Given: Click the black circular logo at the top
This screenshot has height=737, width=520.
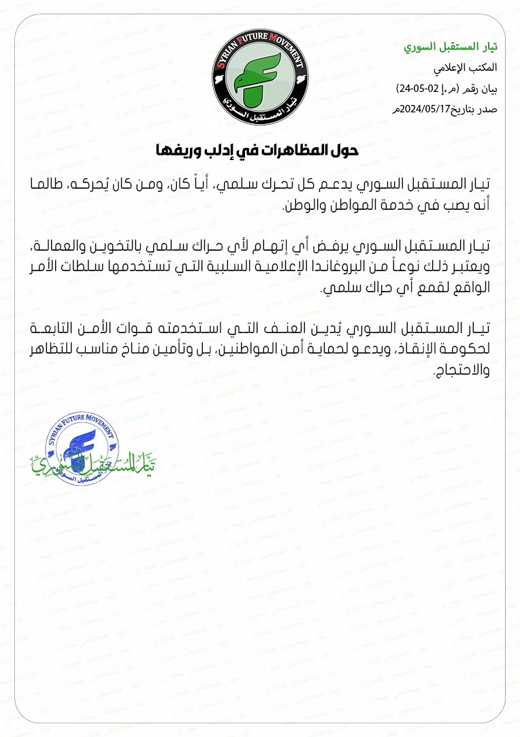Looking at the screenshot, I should [x=260, y=78].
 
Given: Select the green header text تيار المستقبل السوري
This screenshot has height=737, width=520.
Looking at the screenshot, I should [x=450, y=48].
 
